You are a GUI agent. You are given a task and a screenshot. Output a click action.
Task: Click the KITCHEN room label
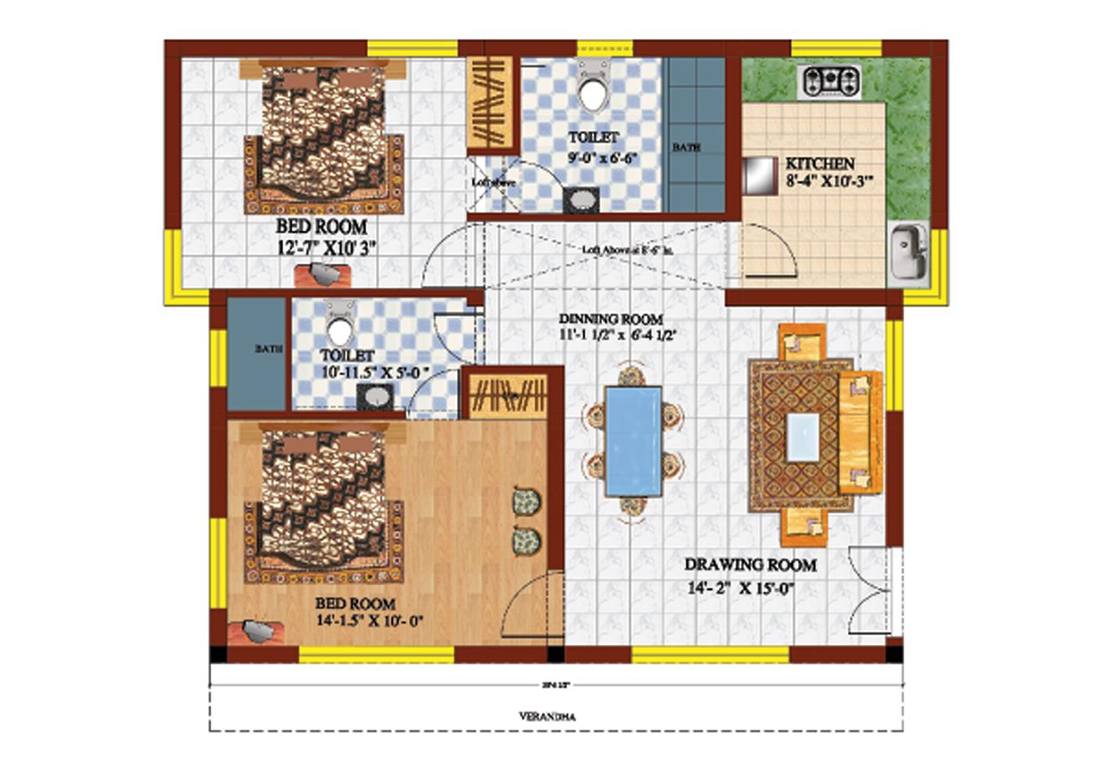point(820,164)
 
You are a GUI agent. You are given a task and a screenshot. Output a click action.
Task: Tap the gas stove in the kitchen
point(832,82)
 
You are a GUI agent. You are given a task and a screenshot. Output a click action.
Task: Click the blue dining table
point(632,441)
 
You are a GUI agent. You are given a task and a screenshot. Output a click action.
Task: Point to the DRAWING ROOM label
point(750,565)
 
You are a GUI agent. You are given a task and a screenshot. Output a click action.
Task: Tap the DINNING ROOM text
point(610,319)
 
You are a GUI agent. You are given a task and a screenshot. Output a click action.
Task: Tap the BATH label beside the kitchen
point(684,146)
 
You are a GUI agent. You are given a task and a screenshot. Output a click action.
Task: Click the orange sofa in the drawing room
point(860,433)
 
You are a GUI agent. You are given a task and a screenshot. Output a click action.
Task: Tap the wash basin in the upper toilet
point(581,200)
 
